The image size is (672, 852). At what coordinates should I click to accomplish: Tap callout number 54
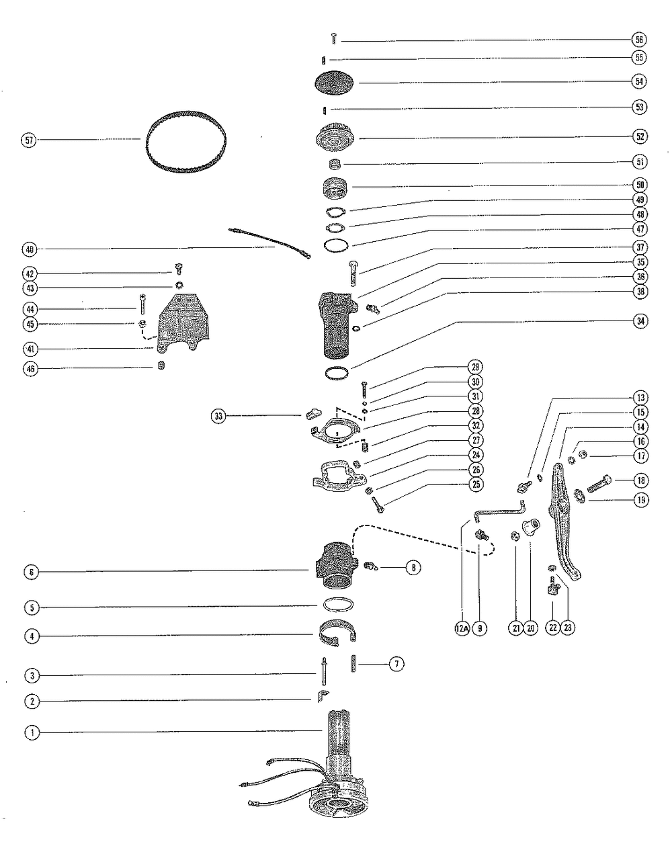[639, 81]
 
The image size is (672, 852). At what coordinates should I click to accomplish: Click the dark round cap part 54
[334, 83]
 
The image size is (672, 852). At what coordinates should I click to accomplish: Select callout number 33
[218, 417]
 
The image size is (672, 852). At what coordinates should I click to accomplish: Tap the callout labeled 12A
[462, 628]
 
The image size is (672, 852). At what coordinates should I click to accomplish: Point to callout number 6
[31, 572]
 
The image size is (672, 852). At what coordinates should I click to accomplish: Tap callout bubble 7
[396, 665]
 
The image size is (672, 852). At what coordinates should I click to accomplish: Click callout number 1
[31, 732]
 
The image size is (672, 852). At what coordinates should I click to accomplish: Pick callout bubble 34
[639, 321]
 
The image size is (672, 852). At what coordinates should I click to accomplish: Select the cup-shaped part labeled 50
[335, 187]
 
